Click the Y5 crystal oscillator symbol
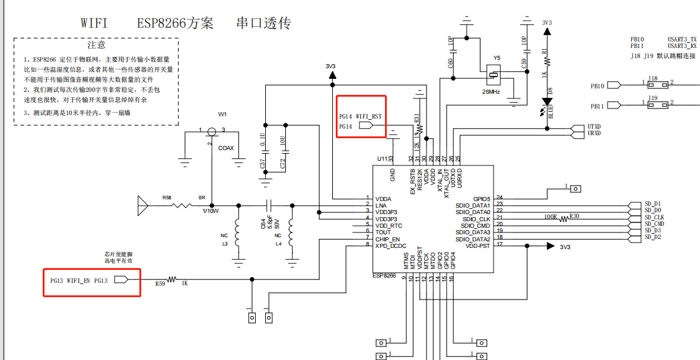coord(492,75)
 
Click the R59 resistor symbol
coord(173,279)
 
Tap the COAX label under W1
coord(226,148)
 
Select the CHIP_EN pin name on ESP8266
coord(387,239)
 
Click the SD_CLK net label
coord(654,217)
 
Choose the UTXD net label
coord(594,127)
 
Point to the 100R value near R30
coord(551,216)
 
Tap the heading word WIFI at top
coord(94,23)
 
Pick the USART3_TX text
coord(682,39)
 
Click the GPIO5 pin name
coord(481,199)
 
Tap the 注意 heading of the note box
coord(96,45)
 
